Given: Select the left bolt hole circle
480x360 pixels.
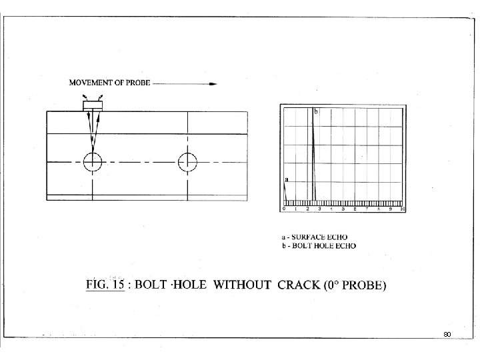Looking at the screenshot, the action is tap(92, 161).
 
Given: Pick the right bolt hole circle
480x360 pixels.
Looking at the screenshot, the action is tap(188, 161).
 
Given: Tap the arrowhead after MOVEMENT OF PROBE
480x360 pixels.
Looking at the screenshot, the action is tap(213, 85).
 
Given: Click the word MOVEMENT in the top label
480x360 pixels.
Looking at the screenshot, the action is tap(93, 85).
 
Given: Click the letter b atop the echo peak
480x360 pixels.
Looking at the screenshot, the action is tap(316, 111).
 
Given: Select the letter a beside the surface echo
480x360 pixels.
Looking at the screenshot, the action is tap(286, 179).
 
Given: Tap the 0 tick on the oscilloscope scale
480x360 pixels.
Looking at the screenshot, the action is tap(284, 209).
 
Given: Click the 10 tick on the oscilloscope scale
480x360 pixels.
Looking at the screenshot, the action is tap(402, 209).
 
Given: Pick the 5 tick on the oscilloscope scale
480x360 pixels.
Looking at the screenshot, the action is tap(343, 209).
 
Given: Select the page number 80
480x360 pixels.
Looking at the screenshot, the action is tap(447, 333).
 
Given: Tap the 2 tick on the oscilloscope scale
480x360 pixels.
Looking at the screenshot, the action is tap(307, 209).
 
